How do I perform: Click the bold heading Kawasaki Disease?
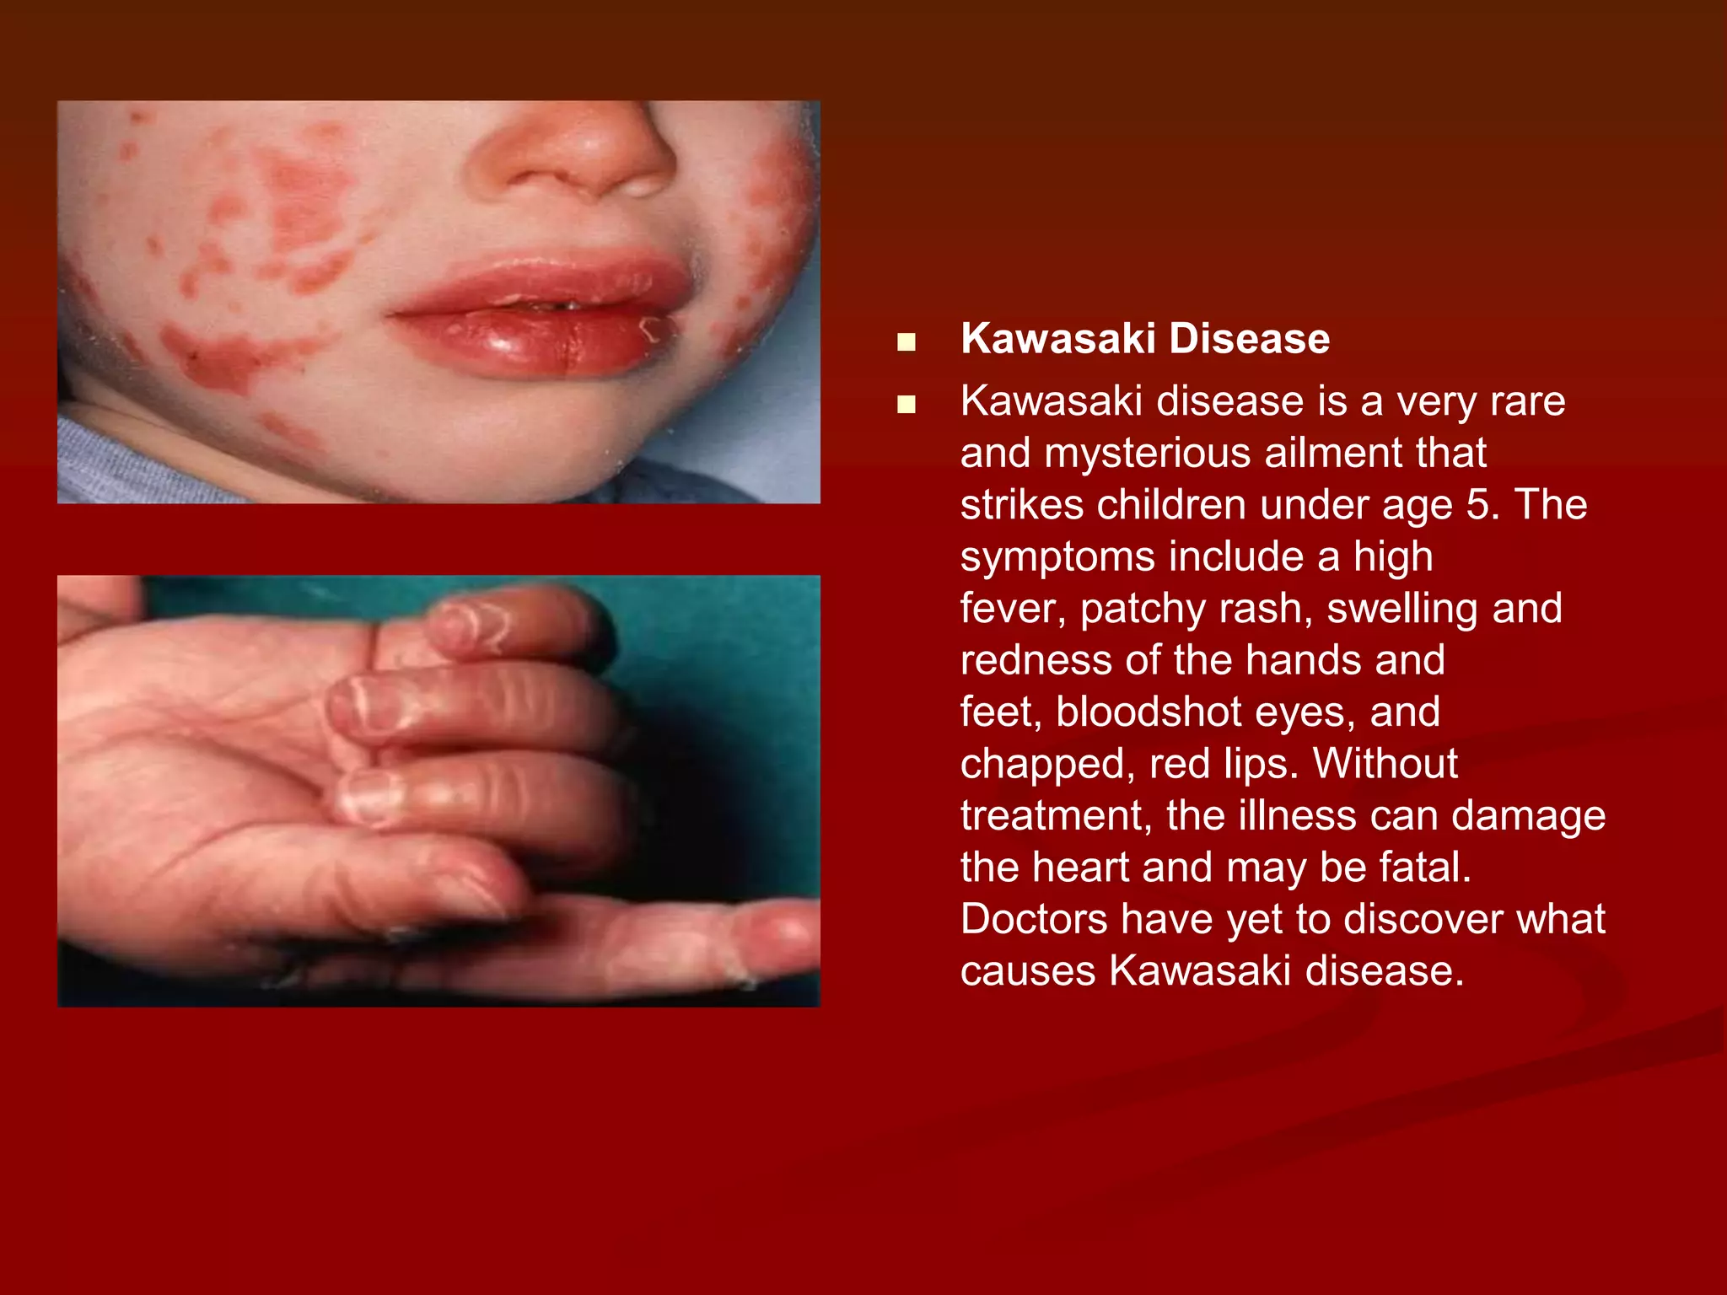pos(1144,339)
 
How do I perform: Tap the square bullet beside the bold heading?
pos(907,342)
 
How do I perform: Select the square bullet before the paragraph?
pos(907,405)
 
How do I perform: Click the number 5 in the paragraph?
pos(1478,504)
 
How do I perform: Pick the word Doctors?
pos(1034,919)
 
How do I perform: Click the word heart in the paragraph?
pos(1079,868)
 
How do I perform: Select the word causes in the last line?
pos(1027,971)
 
